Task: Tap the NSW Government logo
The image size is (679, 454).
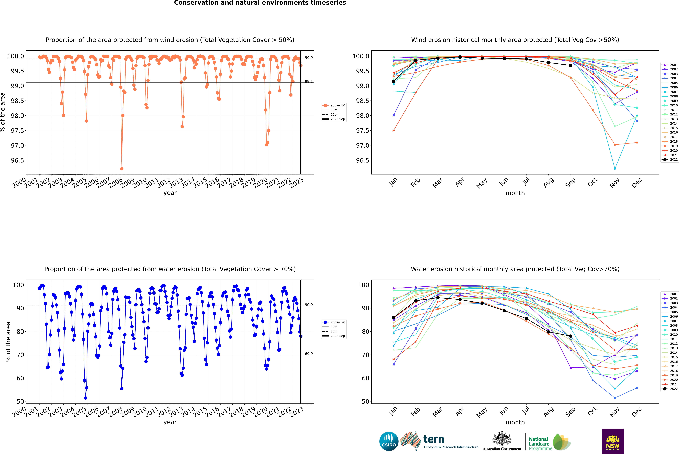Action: click(x=613, y=441)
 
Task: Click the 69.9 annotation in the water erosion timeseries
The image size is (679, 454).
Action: click(x=309, y=354)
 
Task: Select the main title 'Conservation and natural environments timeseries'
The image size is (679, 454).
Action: click(x=260, y=3)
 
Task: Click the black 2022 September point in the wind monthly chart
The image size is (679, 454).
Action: click(x=570, y=65)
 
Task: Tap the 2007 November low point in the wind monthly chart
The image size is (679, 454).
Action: click(x=615, y=169)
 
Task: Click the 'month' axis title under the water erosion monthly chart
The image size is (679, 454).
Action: click(x=515, y=422)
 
